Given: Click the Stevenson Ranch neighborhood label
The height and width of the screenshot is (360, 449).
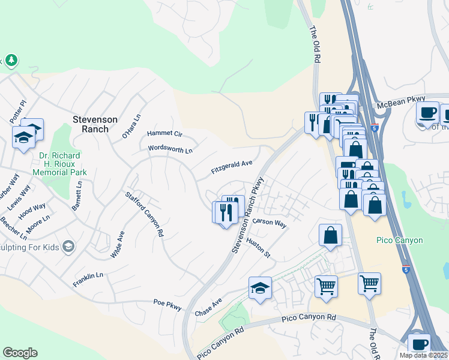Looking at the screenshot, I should click(x=91, y=124).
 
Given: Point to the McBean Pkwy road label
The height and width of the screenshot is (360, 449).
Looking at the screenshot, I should click(x=401, y=103).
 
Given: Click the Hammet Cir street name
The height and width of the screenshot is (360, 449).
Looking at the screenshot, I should click(x=164, y=134).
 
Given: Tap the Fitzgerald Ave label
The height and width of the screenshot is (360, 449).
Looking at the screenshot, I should click(x=231, y=167).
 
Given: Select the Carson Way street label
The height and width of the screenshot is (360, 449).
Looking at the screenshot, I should click(x=270, y=223).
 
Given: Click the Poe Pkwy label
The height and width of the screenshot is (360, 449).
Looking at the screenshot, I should click(x=167, y=304).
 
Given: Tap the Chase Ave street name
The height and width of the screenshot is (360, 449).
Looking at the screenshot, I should click(x=208, y=308).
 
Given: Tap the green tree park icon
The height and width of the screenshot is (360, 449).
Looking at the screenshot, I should click(x=11, y=60).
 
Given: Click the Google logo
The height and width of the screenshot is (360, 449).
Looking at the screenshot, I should click(x=20, y=353).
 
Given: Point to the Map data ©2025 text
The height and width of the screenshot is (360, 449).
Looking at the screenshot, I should click(x=424, y=355).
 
